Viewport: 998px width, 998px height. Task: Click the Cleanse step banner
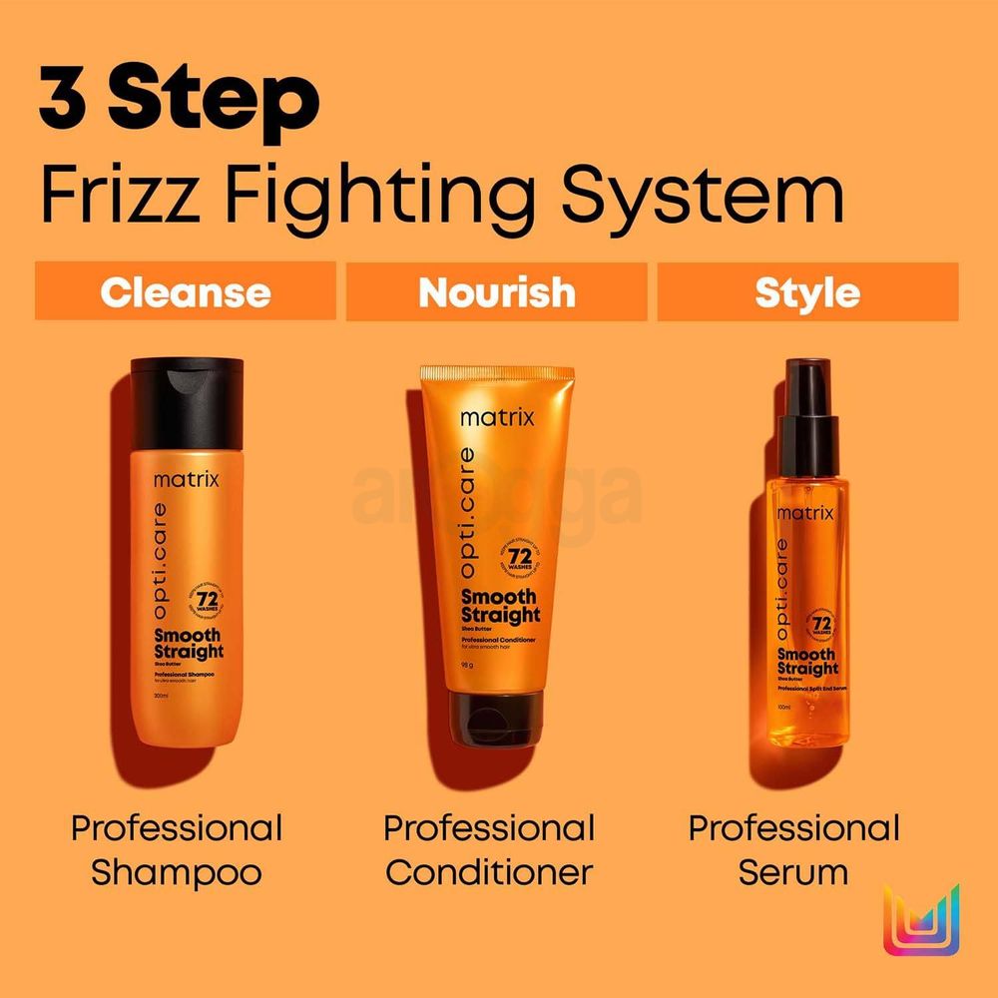coord(185,292)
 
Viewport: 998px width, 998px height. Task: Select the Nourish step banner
coord(496,292)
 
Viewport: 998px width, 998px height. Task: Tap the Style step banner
coord(807,292)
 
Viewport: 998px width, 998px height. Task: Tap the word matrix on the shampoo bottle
coord(186,480)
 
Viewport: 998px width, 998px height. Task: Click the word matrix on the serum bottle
coord(804,513)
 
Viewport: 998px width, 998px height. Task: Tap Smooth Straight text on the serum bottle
coord(807,662)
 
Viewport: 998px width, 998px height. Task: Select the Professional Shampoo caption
coord(177,850)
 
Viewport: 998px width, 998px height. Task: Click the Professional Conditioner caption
coord(489,850)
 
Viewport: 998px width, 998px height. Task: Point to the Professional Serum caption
coord(794,850)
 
